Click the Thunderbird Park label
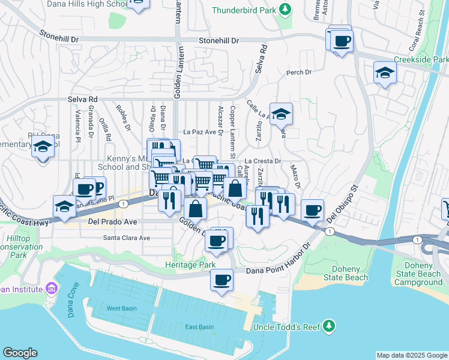click(246, 10)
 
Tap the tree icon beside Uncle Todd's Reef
click(328, 326)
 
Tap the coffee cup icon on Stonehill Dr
click(342, 41)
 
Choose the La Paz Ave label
click(199, 132)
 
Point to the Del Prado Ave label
click(112, 221)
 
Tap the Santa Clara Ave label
click(127, 238)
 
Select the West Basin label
click(121, 308)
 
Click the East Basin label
click(199, 327)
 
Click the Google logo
click(20, 353)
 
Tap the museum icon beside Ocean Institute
click(52, 289)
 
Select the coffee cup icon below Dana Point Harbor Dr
click(221, 280)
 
